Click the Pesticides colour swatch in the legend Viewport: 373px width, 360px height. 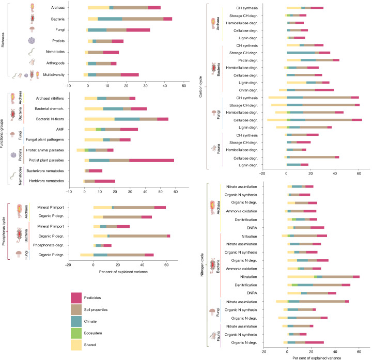coord(76,298)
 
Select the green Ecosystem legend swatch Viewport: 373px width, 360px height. coord(76,333)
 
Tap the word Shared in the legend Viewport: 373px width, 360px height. coord(90,345)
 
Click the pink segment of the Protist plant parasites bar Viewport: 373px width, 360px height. coord(151,161)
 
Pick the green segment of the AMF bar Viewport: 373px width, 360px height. coord(98,130)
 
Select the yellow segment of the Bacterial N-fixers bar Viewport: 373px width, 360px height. coord(99,119)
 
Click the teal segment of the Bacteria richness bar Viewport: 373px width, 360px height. coord(110,19)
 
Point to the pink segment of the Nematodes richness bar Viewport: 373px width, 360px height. coord(111,53)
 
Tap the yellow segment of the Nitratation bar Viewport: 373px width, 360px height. coord(301,277)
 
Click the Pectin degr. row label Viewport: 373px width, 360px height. coord(248,60)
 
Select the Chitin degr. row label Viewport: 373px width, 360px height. coord(248,90)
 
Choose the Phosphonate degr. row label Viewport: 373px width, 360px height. coord(48,245)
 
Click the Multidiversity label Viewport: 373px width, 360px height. coord(54,75)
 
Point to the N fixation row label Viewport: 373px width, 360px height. coord(249,237)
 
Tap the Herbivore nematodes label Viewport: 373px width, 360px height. coord(46,181)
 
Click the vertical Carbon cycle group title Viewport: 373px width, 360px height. coord(200,87)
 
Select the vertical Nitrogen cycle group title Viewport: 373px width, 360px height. coord(202,264)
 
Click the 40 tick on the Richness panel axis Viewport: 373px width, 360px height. coord(165,86)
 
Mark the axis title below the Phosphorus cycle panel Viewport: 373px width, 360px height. coord(123,272)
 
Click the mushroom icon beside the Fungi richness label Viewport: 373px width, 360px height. coord(32,29)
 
